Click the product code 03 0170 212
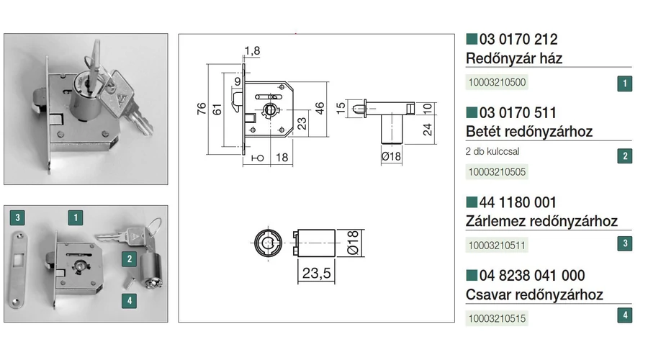[518, 40]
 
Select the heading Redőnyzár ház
[514, 58]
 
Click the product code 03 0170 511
[518, 113]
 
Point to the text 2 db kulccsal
[494, 151]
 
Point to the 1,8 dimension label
[252, 50]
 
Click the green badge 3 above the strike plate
[19, 216]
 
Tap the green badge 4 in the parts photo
[129, 301]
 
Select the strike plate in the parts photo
[19, 267]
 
